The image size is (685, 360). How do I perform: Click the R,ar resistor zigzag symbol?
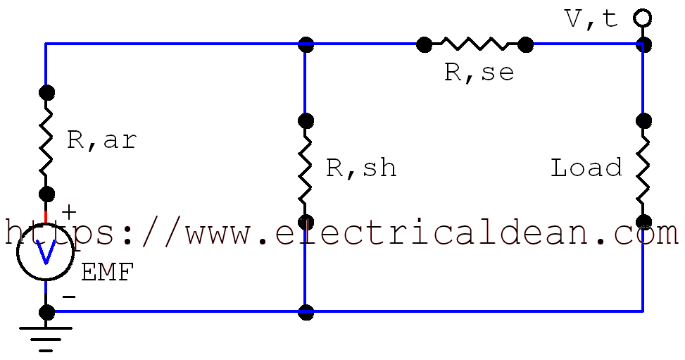(x=46, y=143)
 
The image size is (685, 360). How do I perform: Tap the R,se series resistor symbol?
(x=475, y=44)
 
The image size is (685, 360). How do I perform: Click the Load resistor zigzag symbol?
(x=643, y=171)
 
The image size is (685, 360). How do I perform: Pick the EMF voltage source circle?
(x=45, y=253)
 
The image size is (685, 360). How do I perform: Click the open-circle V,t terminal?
(x=642, y=18)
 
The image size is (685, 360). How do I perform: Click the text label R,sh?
(x=361, y=168)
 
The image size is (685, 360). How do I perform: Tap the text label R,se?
(x=479, y=72)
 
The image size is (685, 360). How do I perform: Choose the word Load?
(x=586, y=168)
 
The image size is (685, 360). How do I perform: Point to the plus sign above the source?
(x=69, y=211)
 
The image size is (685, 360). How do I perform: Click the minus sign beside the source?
(x=69, y=297)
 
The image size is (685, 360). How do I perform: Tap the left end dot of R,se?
(x=424, y=44)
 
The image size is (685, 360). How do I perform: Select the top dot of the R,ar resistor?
(x=46, y=92)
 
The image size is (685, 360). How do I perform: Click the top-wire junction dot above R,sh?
(x=306, y=44)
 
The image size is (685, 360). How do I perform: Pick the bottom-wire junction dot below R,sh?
(x=306, y=311)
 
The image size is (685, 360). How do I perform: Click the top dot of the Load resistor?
(x=643, y=120)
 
